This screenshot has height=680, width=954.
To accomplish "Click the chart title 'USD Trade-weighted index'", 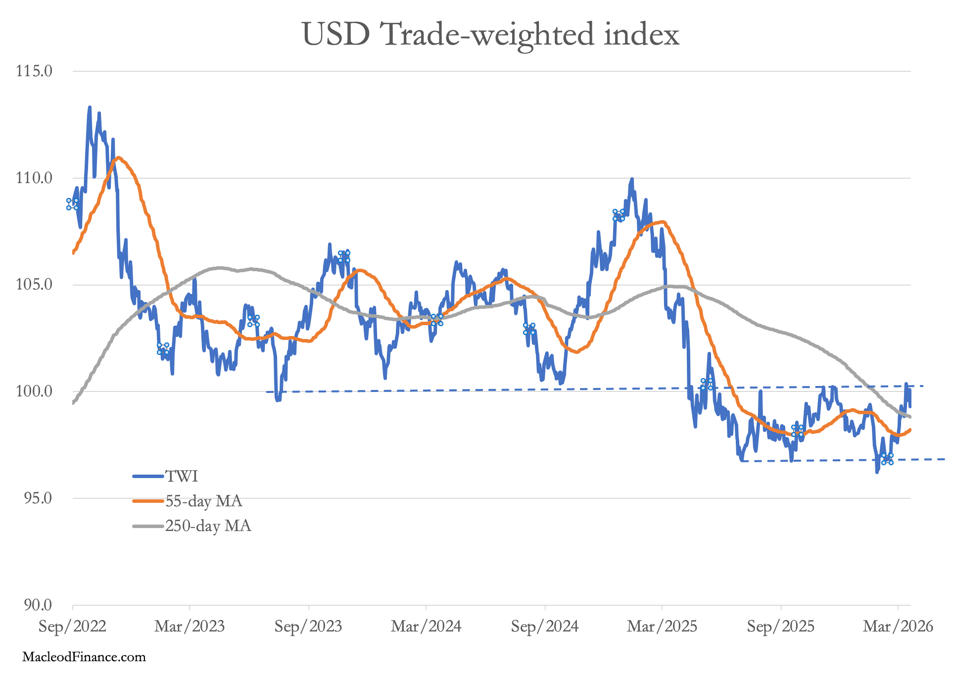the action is (x=490, y=35).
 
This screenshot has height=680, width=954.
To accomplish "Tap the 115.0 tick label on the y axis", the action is (x=34, y=71).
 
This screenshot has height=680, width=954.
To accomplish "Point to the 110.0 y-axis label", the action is (x=34, y=178).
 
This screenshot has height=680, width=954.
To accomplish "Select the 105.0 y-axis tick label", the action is (x=34, y=285).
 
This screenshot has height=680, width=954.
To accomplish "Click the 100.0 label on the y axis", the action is (x=34, y=391).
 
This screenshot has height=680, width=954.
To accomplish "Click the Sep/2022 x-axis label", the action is (x=73, y=627).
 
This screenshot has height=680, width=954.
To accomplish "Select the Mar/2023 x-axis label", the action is (x=190, y=627).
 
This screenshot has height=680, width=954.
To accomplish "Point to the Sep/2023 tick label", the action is (x=309, y=627).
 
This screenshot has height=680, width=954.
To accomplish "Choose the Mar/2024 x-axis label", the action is (x=427, y=627).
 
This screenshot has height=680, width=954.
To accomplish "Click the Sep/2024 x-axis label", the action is (x=545, y=627).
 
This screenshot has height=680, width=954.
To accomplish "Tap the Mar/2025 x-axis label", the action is (x=663, y=627).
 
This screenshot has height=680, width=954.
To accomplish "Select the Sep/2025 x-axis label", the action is (x=781, y=627).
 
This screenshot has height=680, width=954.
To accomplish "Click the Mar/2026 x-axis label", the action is (x=899, y=627).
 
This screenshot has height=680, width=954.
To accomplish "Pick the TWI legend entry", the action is (x=166, y=477).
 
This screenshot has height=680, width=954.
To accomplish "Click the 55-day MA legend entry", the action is (x=188, y=501).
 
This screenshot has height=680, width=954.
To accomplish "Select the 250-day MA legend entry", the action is (x=192, y=526).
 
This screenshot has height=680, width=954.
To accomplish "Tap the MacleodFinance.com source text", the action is (x=84, y=657).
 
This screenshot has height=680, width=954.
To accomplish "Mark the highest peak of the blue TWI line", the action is (x=90, y=107).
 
